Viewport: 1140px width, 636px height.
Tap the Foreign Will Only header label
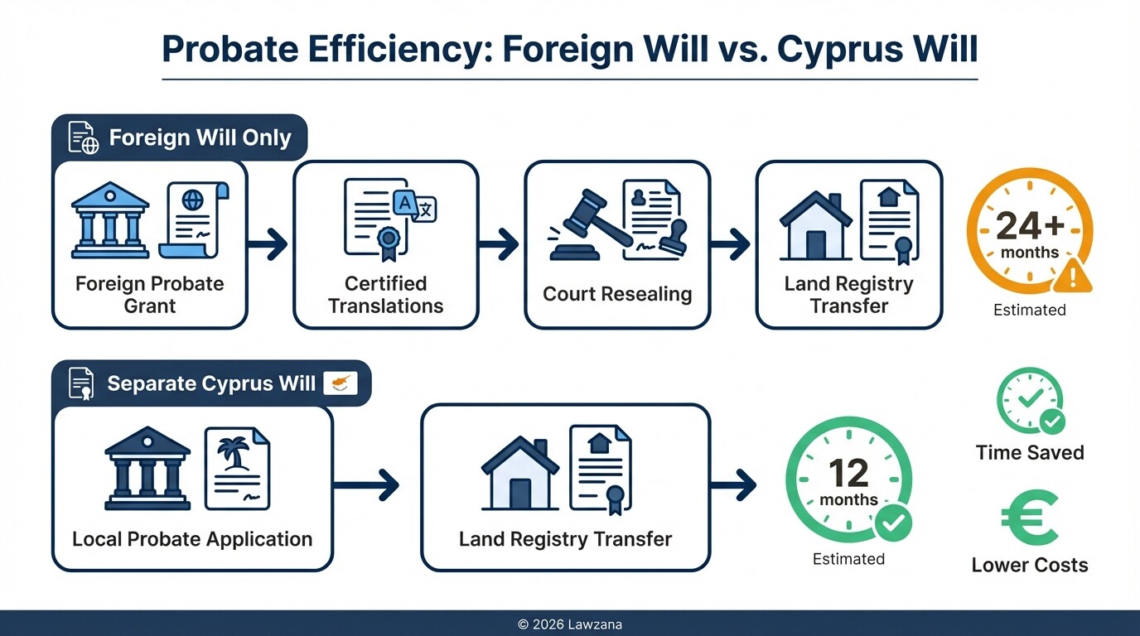[x=200, y=137]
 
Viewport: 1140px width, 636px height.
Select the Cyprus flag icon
[x=340, y=383]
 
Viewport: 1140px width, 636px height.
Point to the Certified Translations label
[x=385, y=295]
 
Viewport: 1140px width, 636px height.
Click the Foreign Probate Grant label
[x=149, y=295]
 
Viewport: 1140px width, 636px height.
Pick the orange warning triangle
[x=1072, y=276]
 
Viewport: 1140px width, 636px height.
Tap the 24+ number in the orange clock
[x=1029, y=226]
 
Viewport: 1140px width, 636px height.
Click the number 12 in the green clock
[x=848, y=474]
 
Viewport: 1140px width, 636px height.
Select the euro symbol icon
[x=1029, y=518]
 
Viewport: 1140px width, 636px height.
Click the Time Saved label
[x=1030, y=452]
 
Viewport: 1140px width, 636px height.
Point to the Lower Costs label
[x=1030, y=565]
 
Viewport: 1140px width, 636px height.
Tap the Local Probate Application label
[x=192, y=539]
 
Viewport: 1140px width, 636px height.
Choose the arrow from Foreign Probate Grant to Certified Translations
[x=269, y=244]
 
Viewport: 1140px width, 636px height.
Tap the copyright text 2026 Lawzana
[x=569, y=624]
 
